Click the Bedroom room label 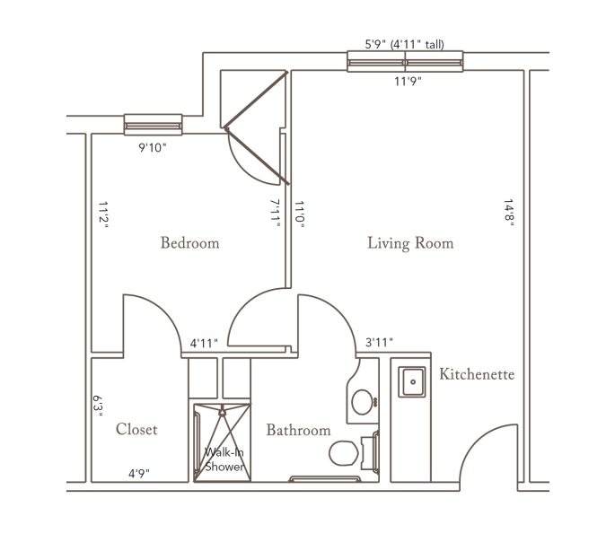pos(189,243)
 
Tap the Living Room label pos(410,243)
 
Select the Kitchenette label pos(477,374)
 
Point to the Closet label pos(136,429)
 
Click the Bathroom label pos(298,430)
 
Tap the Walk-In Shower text pos(224,459)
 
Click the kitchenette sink pos(412,381)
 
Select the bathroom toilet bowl pos(344,453)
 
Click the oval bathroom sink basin pos(362,402)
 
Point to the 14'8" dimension pos(509,213)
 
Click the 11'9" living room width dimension pos(408,81)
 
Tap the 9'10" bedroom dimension pos(153,147)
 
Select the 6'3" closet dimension pos(98,406)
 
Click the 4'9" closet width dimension pos(139,474)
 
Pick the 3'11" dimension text pos(379,343)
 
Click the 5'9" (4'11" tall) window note pos(404,44)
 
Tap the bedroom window pos(153,125)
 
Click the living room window pos(405,62)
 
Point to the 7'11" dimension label pos(276,214)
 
